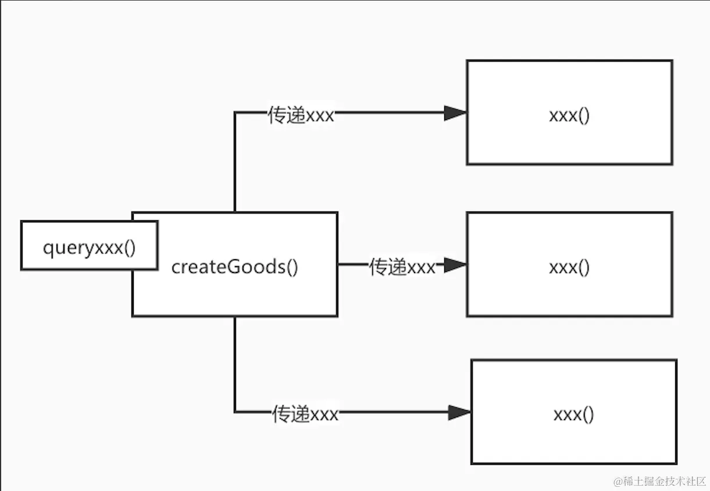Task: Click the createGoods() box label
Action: pos(235,268)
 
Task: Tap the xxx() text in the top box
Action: pos(569,116)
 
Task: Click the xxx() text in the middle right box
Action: pos(569,267)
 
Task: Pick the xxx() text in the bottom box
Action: pos(573,415)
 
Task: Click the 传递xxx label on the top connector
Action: pos(301,115)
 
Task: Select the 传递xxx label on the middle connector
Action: pos(402,267)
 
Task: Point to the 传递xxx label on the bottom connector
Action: pos(305,414)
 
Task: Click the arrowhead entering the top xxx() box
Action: pos(455,113)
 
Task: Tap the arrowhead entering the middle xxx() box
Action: pos(455,265)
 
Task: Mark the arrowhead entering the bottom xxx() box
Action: pos(459,413)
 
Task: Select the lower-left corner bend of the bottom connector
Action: pos(235,413)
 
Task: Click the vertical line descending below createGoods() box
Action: pos(235,363)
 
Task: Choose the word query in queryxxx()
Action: pos(67,248)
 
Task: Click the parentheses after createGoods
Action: pos(292,268)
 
